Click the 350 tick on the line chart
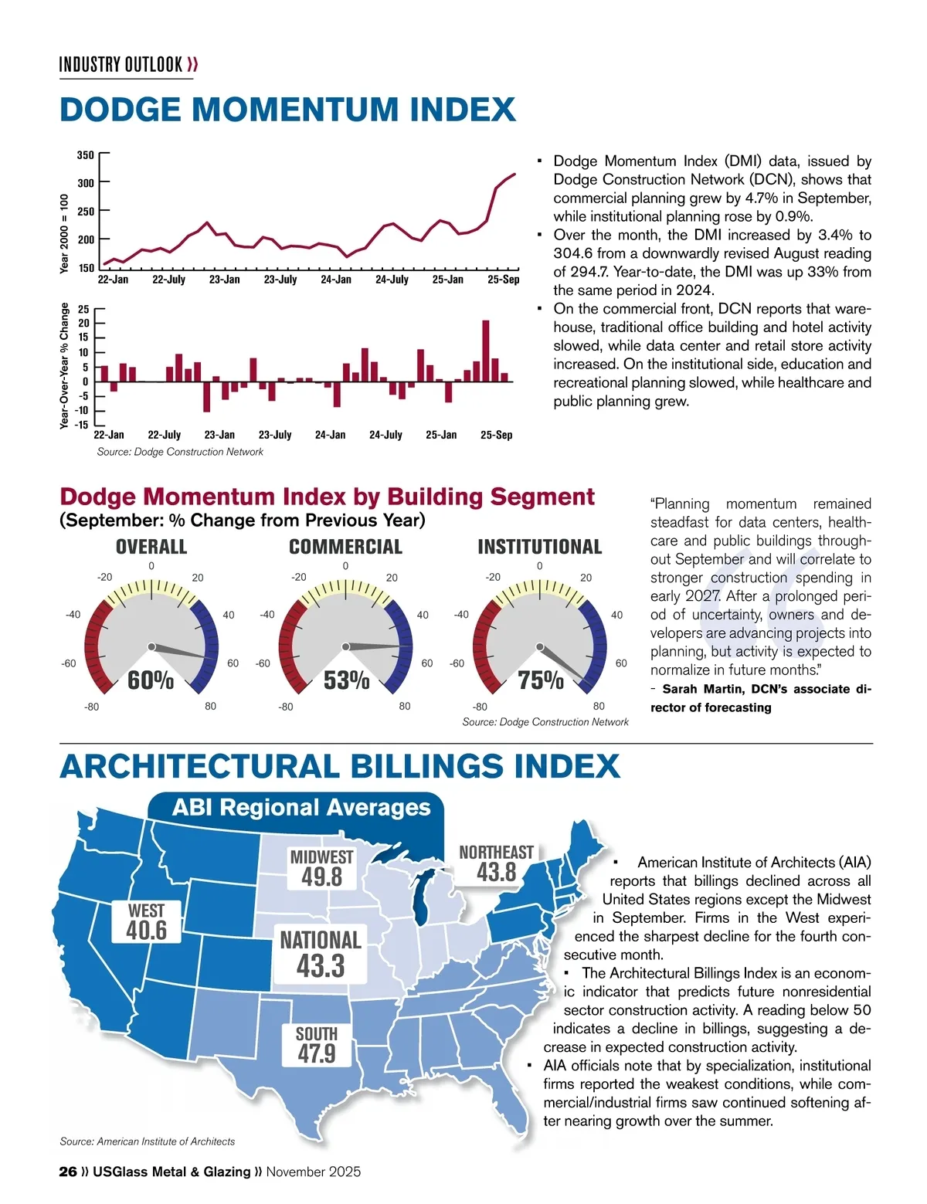[85, 155]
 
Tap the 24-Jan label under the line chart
[336, 280]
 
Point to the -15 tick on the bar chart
[82, 424]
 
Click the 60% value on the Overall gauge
[151, 680]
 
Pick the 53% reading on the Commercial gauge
[346, 680]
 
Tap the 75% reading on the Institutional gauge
[541, 680]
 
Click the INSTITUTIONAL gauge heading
[539, 547]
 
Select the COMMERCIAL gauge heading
[345, 547]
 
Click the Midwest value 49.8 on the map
[322, 877]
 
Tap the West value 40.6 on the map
[147, 930]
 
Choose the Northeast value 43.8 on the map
[496, 872]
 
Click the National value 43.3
[321, 965]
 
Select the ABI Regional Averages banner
[301, 808]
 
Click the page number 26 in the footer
[68, 1172]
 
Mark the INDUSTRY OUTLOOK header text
[121, 64]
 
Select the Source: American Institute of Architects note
[148, 1141]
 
